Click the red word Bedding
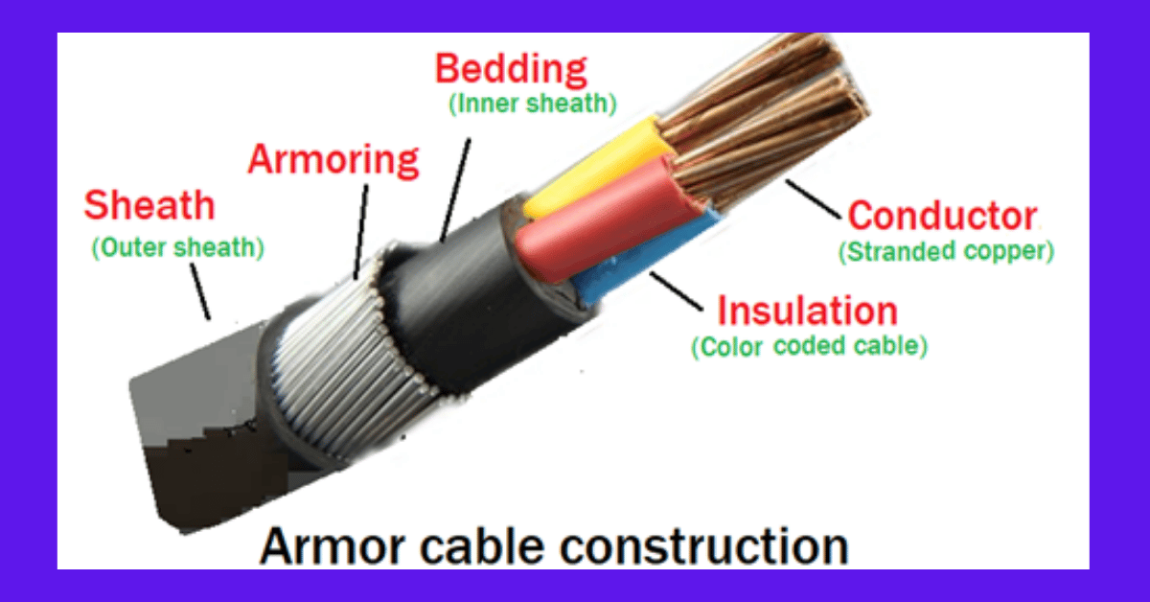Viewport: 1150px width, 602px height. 511,70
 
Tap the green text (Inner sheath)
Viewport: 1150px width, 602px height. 533,104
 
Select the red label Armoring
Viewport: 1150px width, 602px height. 333,160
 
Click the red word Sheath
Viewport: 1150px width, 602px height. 149,205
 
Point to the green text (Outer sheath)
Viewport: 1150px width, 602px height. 177,247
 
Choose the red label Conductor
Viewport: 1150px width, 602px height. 943,216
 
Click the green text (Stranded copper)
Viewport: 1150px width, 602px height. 946,251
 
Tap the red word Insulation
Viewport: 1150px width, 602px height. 807,311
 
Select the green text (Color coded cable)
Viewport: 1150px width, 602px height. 810,346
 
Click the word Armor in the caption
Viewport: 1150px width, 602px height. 333,546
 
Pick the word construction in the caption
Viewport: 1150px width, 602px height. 703,546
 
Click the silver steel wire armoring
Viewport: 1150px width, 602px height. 349,359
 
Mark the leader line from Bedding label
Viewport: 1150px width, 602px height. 456,190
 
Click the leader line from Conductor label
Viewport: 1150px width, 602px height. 814,199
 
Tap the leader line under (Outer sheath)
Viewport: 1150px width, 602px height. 200,291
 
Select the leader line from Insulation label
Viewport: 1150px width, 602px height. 676,291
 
